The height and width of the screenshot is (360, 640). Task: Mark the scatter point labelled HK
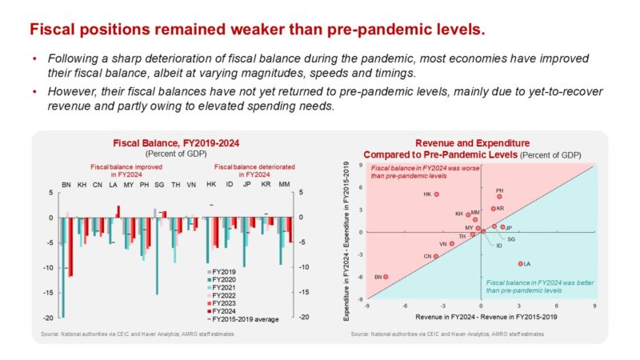[437, 194]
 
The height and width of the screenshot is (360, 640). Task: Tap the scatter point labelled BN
[386, 277]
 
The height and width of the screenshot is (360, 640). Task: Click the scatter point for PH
[499, 196]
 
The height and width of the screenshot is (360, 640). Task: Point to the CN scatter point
[436, 256]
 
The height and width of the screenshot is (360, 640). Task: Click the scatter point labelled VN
[451, 243]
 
